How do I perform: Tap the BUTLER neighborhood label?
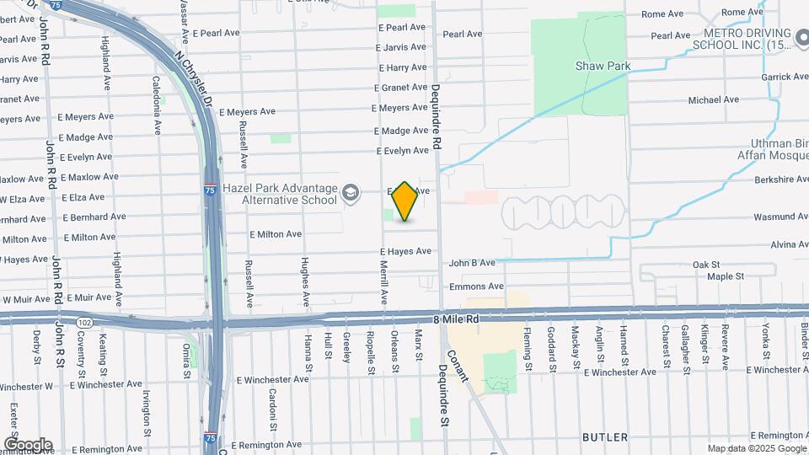pos(605,437)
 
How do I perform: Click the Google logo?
pos(28,445)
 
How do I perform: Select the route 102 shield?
pos(84,322)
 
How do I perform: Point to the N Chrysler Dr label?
pos(193,79)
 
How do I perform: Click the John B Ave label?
pos(472,263)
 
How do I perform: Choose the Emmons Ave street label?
pos(476,287)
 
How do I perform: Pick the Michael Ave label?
pos(713,99)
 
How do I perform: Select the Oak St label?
pos(706,265)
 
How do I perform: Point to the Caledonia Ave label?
pos(157,105)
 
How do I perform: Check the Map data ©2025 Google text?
pos(756,448)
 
